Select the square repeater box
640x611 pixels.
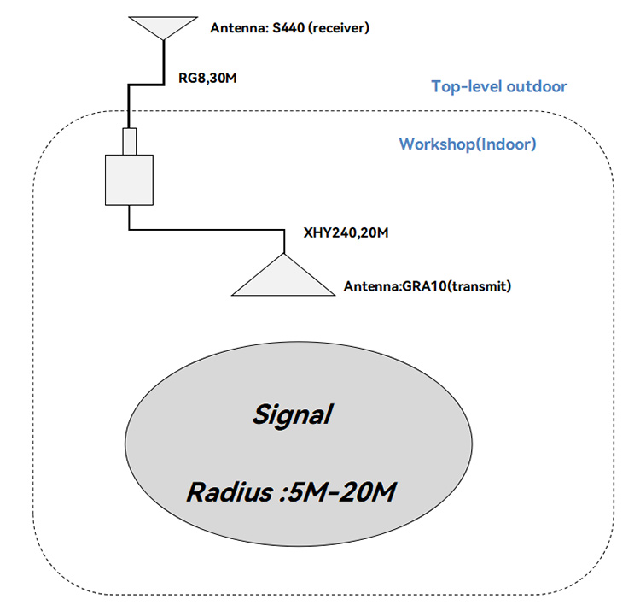tap(129, 180)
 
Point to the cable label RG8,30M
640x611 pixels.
tap(207, 79)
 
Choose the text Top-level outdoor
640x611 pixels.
tap(499, 86)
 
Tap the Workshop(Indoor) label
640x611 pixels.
tap(468, 144)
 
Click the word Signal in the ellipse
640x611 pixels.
tap(292, 416)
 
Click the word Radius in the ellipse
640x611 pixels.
tap(224, 493)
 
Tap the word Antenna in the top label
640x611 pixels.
tap(236, 29)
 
